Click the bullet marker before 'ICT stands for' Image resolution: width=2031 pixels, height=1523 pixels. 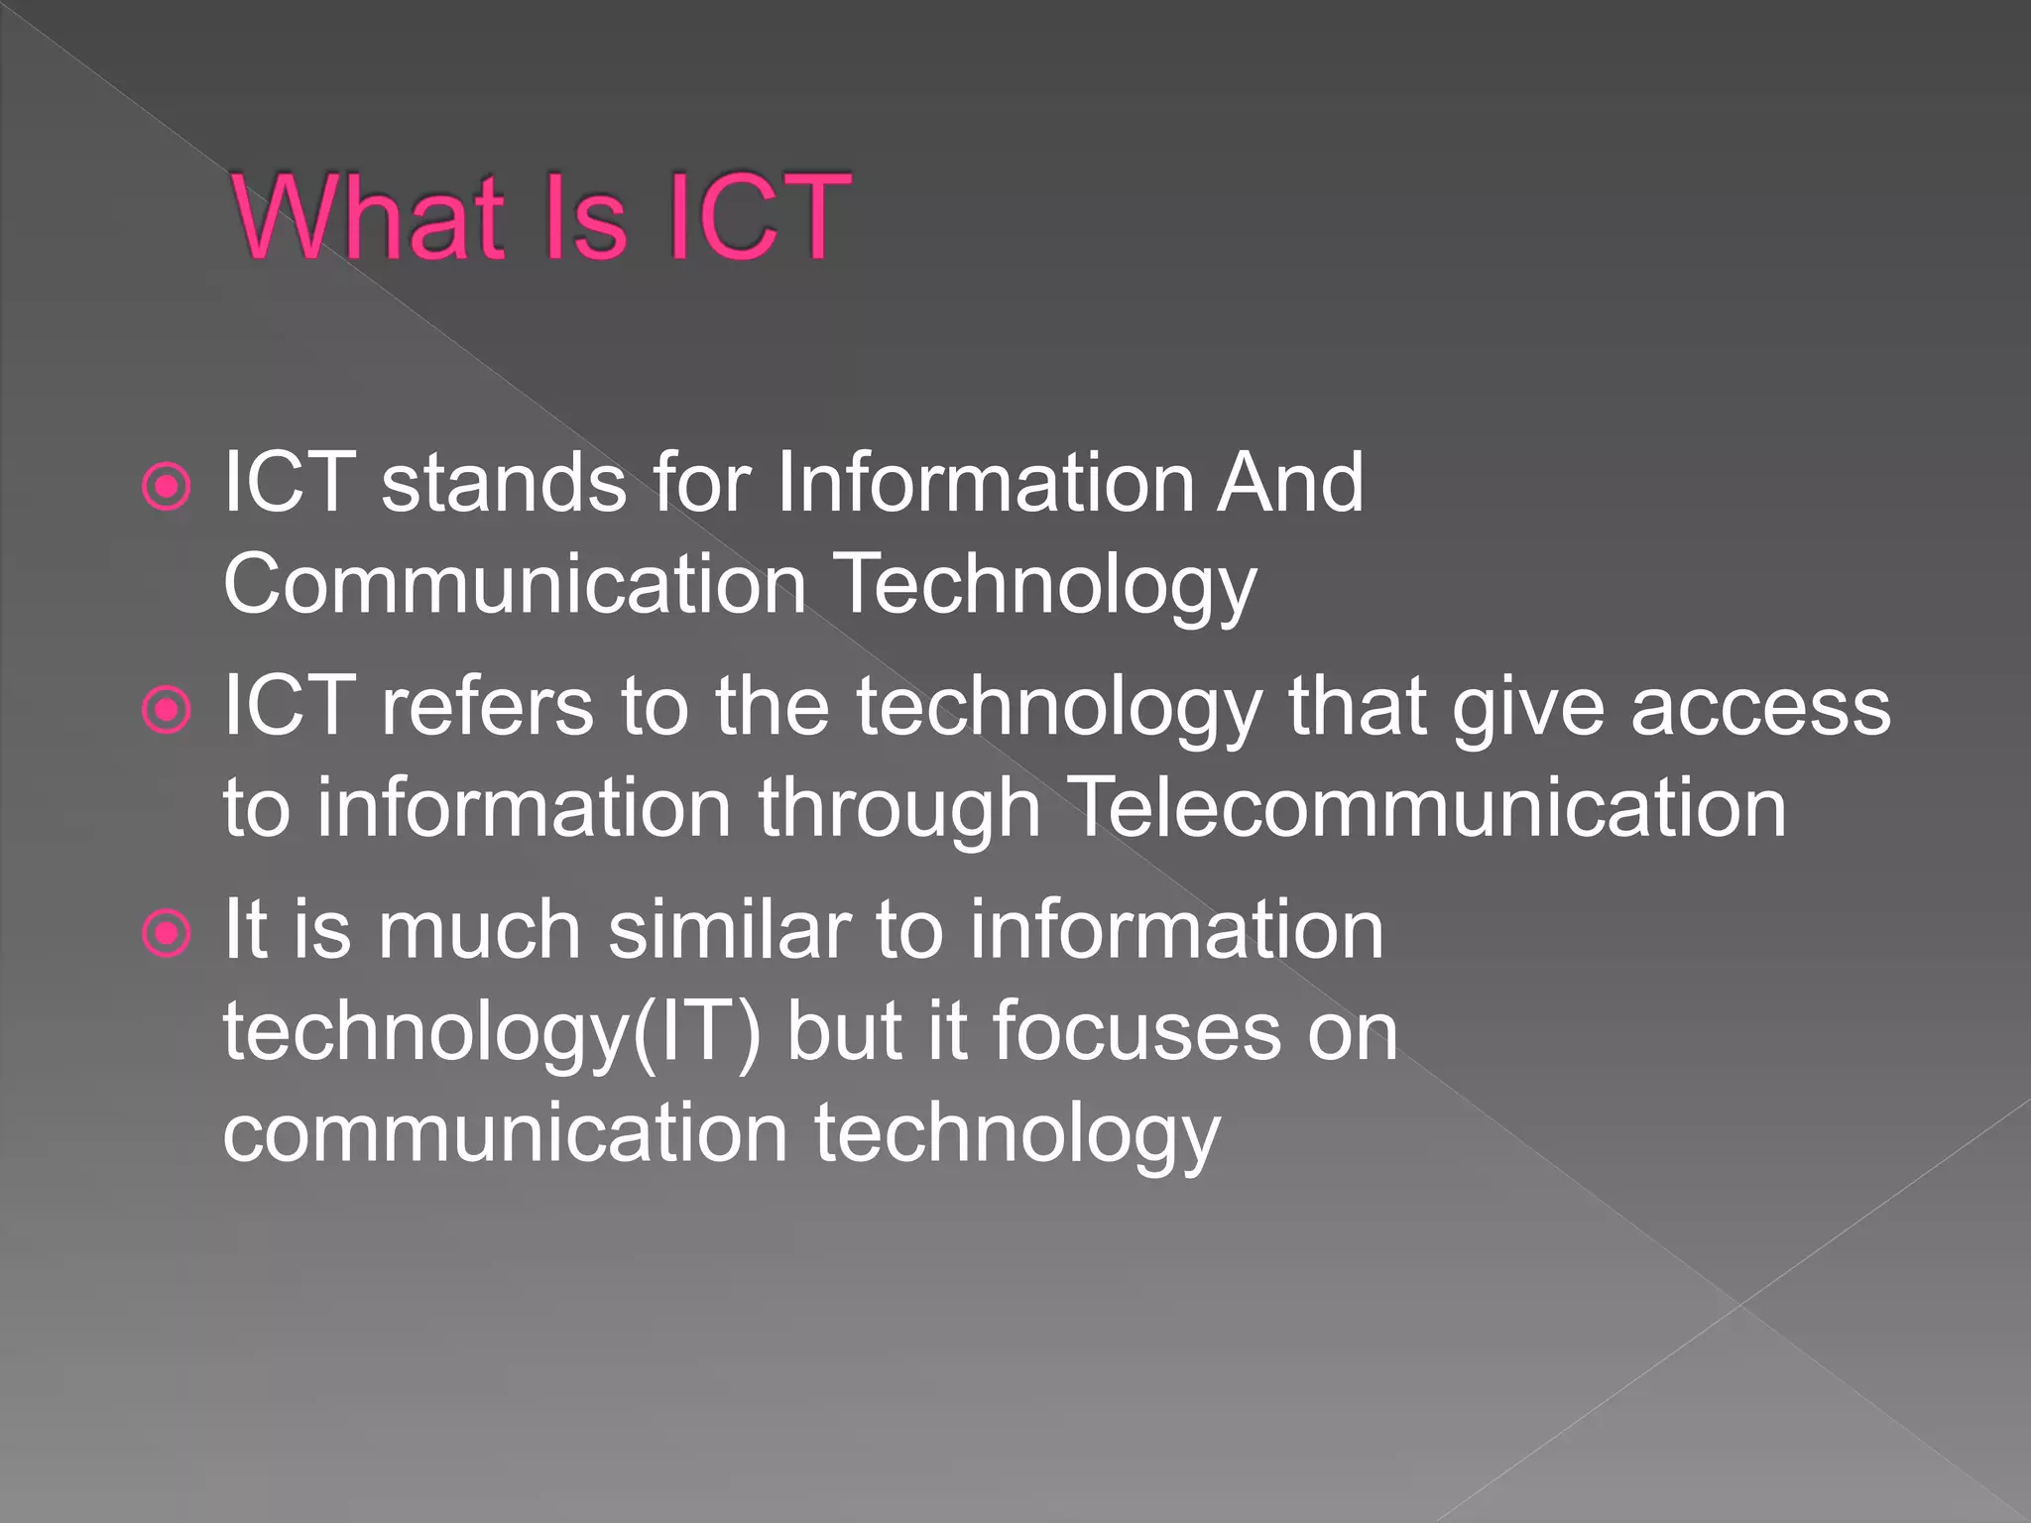point(166,487)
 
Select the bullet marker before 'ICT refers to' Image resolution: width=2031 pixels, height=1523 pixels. point(166,710)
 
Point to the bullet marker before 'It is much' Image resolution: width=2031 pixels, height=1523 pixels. point(166,933)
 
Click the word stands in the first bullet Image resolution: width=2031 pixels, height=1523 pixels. point(504,483)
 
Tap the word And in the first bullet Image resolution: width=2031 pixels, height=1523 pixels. point(1291,483)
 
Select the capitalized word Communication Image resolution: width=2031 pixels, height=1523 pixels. point(515,585)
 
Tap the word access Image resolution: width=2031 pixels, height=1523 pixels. point(1761,708)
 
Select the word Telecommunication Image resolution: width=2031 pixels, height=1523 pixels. point(1428,808)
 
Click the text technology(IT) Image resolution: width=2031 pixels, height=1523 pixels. point(492,1033)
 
